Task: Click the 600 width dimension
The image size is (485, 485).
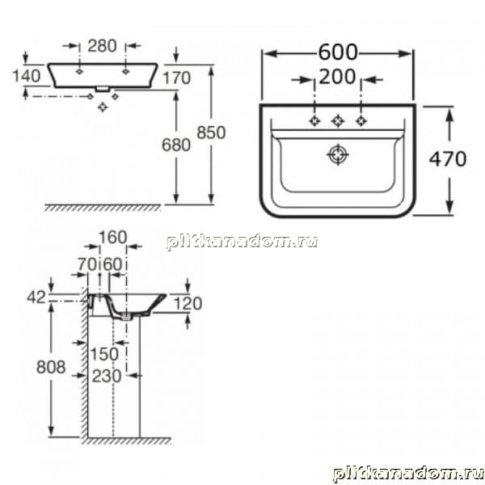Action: [338, 53]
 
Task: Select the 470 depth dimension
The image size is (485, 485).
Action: [448, 159]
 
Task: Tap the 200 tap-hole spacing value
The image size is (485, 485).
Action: [337, 77]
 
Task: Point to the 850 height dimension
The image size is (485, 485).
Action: [211, 133]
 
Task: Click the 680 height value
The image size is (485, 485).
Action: [176, 145]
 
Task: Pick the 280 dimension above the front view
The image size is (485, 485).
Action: [102, 46]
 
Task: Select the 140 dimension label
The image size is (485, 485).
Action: [27, 76]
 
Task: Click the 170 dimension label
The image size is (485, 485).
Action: [176, 78]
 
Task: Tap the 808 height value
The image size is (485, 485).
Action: [51, 367]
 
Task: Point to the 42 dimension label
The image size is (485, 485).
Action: [36, 297]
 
